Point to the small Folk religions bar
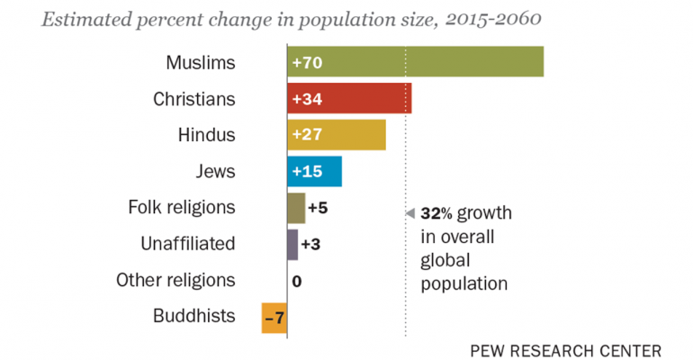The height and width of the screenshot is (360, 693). pyautogui.click(x=296, y=208)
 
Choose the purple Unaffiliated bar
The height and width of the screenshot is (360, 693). pyautogui.click(x=292, y=244)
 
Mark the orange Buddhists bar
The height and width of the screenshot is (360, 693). pyautogui.click(x=274, y=317)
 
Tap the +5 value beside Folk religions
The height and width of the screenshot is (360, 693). pyautogui.click(x=317, y=208)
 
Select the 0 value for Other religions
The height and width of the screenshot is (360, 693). pyautogui.click(x=296, y=281)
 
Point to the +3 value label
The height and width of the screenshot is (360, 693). pyautogui.click(x=310, y=244)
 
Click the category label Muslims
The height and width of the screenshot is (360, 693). pyautogui.click(x=201, y=63)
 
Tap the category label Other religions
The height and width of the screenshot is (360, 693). pyautogui.click(x=175, y=280)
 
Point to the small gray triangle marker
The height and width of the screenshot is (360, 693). pyautogui.click(x=409, y=213)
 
